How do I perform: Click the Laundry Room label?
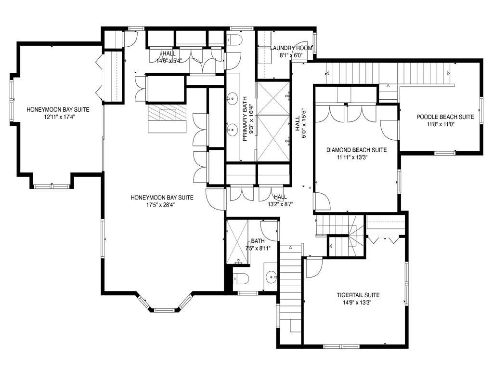291,48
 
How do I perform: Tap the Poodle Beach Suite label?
445,117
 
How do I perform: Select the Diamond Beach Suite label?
356,150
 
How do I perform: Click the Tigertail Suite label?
358,295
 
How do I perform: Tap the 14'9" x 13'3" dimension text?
357,303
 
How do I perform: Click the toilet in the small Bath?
241,278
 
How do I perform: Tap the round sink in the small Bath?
271,277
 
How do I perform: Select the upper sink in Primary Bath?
233,98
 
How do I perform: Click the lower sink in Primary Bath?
233,129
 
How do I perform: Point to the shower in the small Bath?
237,242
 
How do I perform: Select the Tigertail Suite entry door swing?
314,267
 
